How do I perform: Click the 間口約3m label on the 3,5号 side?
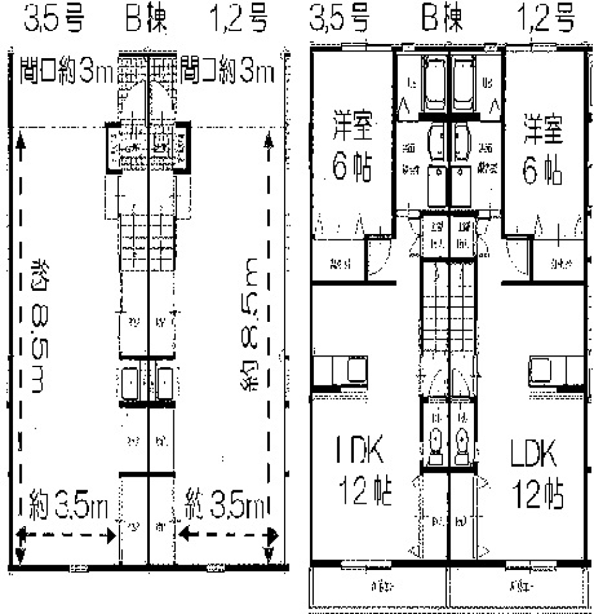coord(66,72)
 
